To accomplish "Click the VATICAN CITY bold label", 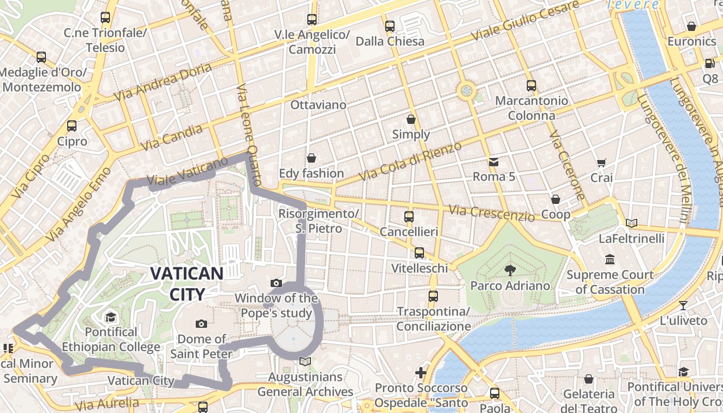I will (x=187, y=283).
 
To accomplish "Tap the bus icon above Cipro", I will (x=72, y=125).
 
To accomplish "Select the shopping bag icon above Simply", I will (x=411, y=119).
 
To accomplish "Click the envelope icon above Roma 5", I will (x=494, y=162).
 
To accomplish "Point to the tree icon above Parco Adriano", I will (x=510, y=270).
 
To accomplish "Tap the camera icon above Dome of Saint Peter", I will (x=201, y=324).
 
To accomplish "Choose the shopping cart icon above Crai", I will (x=601, y=163).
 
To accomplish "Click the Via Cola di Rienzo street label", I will (x=411, y=161).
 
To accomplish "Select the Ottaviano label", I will (x=318, y=105).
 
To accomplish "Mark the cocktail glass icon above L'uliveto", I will (x=683, y=305).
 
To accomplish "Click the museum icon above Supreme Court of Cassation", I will (x=610, y=259).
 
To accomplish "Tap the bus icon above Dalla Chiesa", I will (x=390, y=26).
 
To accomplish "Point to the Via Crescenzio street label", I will (x=492, y=212).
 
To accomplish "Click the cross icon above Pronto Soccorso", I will (x=421, y=372).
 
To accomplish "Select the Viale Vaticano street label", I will (x=187, y=172).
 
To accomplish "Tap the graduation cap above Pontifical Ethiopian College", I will (x=111, y=316).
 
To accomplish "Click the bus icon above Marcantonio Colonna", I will (x=531, y=85).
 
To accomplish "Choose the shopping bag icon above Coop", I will (x=556, y=199).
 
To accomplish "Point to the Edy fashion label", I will (x=311, y=173).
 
